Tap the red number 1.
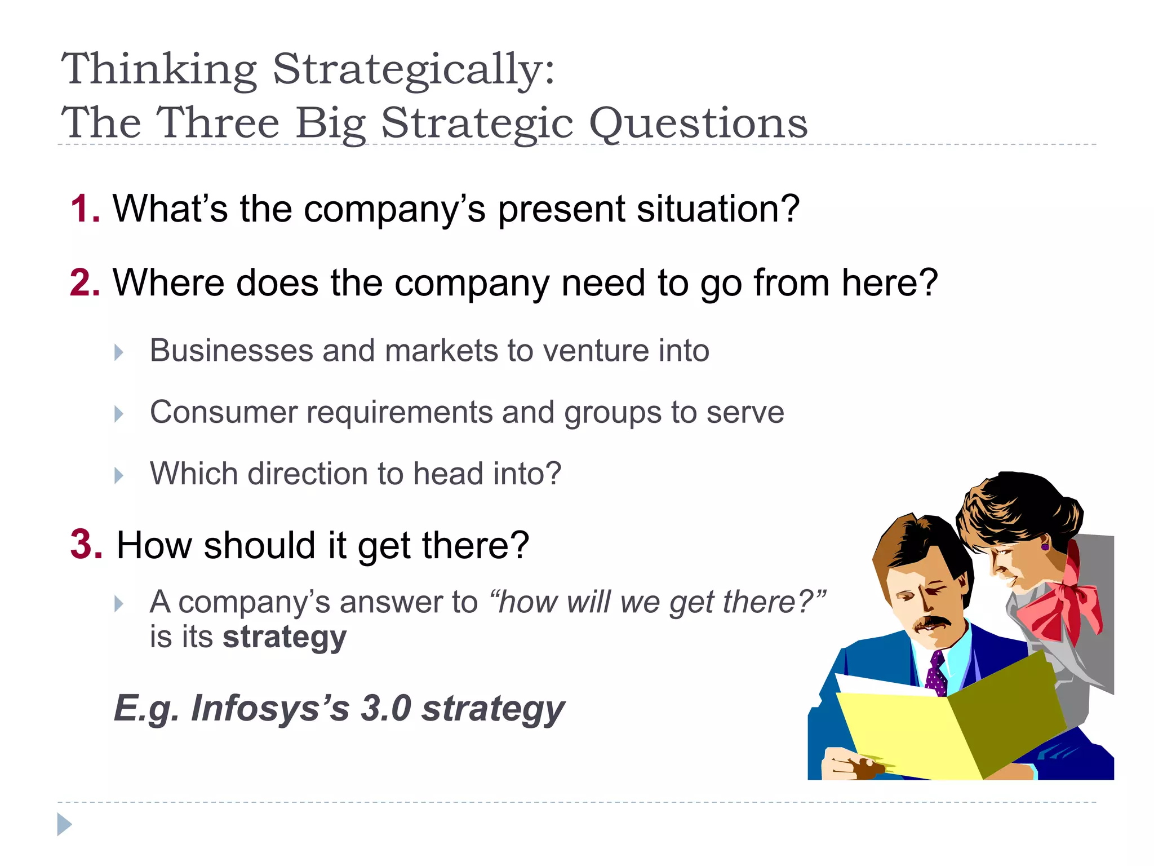click(84, 209)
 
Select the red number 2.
click(84, 282)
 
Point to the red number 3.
click(86, 545)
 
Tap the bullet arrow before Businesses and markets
click(118, 352)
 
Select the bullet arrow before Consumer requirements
click(118, 414)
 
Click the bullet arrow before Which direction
click(118, 475)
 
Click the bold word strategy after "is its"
click(285, 638)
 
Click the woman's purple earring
click(1045, 546)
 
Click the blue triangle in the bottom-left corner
click(64, 825)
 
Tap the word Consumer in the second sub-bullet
click(223, 412)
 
